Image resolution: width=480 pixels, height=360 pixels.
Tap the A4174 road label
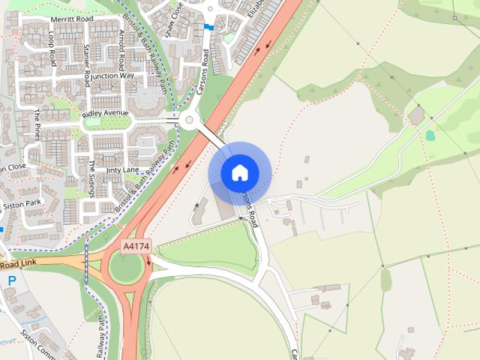(x=136, y=245)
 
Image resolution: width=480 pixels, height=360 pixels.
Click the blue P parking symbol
(x=12, y=280)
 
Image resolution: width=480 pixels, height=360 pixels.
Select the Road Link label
(x=18, y=265)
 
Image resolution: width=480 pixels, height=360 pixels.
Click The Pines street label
(x=36, y=124)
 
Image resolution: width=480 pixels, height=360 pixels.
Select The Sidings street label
(x=92, y=177)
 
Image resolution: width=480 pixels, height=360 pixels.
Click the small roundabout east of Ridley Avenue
(x=188, y=119)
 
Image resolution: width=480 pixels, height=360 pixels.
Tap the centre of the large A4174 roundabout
(x=127, y=266)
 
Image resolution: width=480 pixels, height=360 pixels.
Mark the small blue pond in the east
(x=430, y=136)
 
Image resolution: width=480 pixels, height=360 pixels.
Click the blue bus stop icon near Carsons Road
(x=208, y=27)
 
